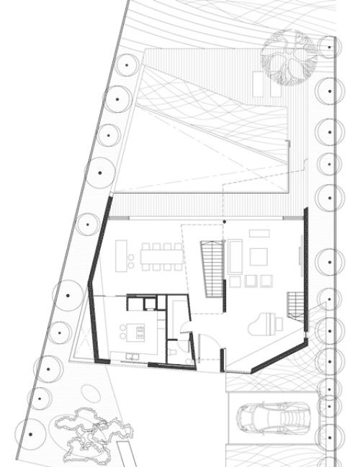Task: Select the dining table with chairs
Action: pos(163,254)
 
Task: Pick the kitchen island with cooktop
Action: pos(134,331)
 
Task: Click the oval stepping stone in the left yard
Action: pos(91,394)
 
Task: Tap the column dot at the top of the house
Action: pos(224,221)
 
